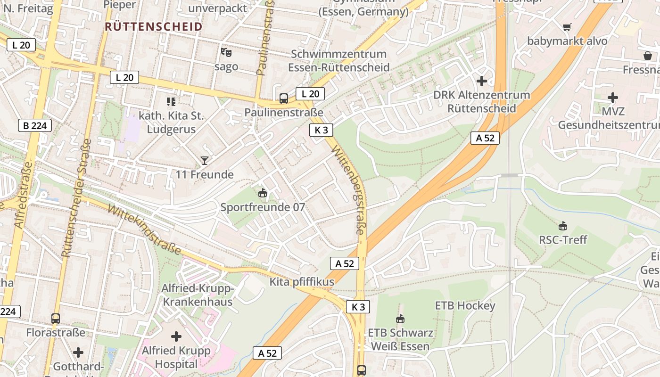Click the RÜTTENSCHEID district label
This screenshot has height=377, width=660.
tap(153, 26)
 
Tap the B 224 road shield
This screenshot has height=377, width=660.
tap(34, 125)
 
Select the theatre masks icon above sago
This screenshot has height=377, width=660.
tap(226, 52)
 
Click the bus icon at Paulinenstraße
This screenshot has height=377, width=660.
tap(283, 98)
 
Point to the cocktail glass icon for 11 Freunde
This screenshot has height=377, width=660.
tap(204, 161)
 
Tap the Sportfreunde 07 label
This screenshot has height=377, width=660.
tap(263, 207)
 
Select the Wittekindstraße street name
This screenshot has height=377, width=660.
tap(144, 229)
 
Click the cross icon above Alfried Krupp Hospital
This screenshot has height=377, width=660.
tap(176, 336)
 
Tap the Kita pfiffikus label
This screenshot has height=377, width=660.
tap(302, 282)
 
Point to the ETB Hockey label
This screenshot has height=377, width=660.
tap(465, 305)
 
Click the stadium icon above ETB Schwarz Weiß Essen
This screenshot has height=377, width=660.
tap(400, 319)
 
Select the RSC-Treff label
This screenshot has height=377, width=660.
tap(563, 240)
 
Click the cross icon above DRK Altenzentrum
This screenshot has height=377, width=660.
tap(481, 81)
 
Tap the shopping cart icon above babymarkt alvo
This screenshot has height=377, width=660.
tap(567, 27)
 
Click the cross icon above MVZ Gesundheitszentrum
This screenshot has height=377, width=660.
tap(612, 98)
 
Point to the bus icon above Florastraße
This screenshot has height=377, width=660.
tap(56, 318)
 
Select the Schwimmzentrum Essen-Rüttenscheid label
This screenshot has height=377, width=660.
tap(338, 60)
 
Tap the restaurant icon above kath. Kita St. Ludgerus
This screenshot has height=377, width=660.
tap(171, 101)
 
